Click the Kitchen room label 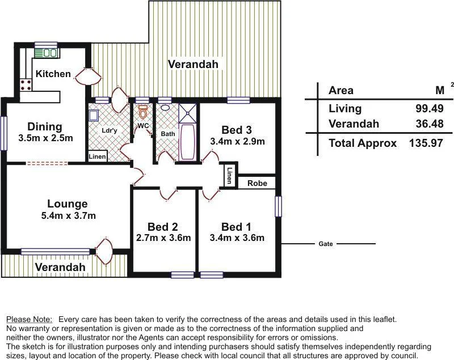[x=53, y=74]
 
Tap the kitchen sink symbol [x=45, y=53]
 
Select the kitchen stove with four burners [x=26, y=85]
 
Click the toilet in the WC [x=142, y=112]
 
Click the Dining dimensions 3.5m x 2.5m [x=45, y=138]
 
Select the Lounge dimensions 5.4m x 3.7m [x=68, y=215]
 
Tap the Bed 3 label [x=237, y=130]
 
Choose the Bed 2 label [x=163, y=226]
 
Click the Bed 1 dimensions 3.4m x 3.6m [x=237, y=238]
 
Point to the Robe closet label [x=257, y=184]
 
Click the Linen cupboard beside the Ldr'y [x=97, y=156]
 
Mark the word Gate [x=326, y=244]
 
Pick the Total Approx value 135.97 [x=426, y=143]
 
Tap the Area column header [x=340, y=90]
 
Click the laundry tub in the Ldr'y [x=94, y=116]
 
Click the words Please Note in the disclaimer [x=29, y=320]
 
